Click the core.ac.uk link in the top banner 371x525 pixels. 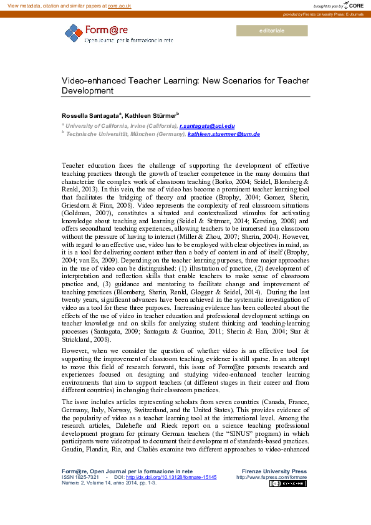tap(119, 5)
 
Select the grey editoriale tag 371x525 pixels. tap(271, 31)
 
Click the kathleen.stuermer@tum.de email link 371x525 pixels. tap(224, 134)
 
